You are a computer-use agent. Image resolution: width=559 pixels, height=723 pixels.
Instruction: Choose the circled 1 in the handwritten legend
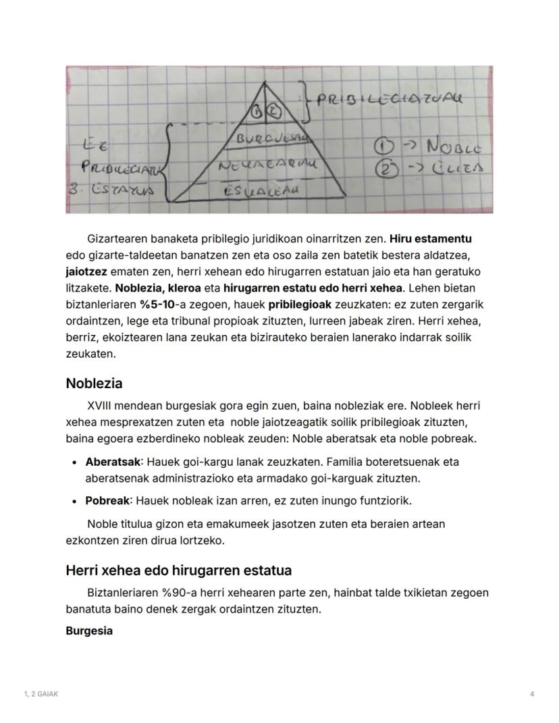coord(385,146)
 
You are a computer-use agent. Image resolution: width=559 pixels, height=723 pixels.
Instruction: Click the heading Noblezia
coord(94,383)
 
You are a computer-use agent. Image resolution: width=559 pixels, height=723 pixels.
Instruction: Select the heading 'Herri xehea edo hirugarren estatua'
coord(178,570)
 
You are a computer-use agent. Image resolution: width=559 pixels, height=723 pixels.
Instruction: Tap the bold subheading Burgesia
coord(89,631)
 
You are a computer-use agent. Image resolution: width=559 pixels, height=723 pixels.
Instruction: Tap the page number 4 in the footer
coord(532,694)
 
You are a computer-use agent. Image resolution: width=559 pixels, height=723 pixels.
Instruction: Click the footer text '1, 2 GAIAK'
coord(41,694)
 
